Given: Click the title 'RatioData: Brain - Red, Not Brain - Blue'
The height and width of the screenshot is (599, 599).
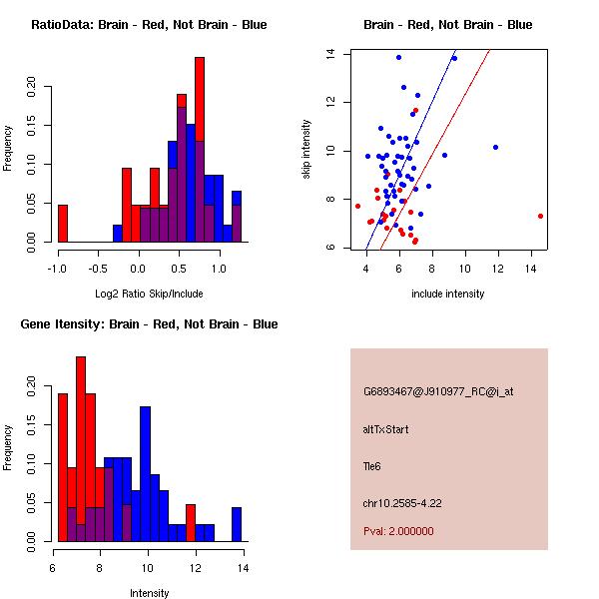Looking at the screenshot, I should (149, 25).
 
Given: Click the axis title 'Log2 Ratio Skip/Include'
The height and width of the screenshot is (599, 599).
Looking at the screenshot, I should (149, 294).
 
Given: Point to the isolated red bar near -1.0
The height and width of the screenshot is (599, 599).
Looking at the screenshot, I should (62, 224).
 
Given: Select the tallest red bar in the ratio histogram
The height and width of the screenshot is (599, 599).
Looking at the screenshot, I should (200, 150).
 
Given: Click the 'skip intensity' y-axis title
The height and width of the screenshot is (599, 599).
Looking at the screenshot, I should (307, 150).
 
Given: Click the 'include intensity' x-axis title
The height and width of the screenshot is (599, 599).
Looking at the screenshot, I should (447, 294).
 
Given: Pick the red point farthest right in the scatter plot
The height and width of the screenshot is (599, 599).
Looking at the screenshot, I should (540, 216).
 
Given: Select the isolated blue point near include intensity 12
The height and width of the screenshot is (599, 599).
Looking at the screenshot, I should (495, 147).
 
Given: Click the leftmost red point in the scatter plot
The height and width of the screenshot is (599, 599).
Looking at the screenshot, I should (357, 206).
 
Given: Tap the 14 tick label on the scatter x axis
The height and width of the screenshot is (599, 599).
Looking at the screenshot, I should (531, 268).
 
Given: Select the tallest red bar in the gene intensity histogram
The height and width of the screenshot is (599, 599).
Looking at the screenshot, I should (81, 449).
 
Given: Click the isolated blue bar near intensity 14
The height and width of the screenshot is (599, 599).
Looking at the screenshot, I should (237, 524).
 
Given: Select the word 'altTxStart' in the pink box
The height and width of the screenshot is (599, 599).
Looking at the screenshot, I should (386, 429).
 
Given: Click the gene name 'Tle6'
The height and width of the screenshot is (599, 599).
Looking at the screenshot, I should (372, 465).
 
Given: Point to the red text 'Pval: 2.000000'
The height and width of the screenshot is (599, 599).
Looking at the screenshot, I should (398, 531).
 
